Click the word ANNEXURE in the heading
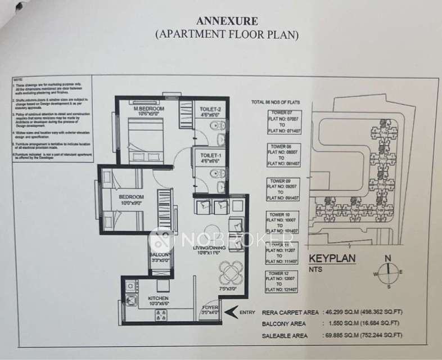pyautogui.click(x=227, y=21)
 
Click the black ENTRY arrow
pyautogui.click(x=230, y=311)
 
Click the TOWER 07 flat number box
pyautogui.click(x=281, y=122)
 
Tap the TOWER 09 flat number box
pyautogui.click(x=281, y=190)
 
